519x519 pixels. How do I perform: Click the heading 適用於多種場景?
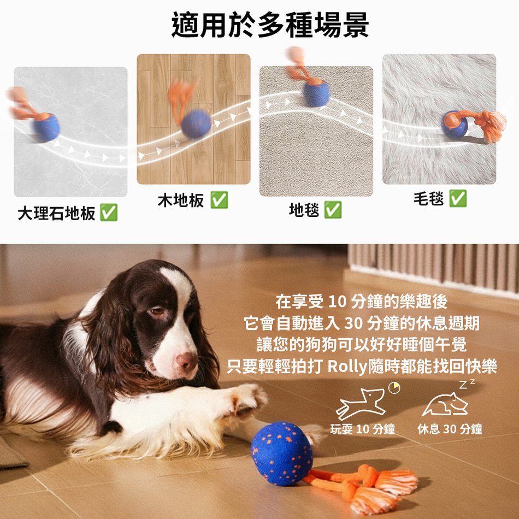pyautogui.click(x=270, y=25)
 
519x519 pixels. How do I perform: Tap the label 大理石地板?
pyautogui.click(x=56, y=213)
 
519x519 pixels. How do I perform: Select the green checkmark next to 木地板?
pyautogui.click(x=219, y=200)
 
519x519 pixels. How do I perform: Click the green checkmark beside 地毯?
pyautogui.click(x=333, y=210)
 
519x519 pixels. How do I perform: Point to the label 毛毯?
pyautogui.click(x=428, y=199)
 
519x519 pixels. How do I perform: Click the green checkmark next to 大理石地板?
pyautogui.click(x=109, y=213)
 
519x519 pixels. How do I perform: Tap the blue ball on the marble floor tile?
pyautogui.click(x=46, y=127)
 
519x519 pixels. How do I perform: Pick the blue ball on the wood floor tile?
pyautogui.click(x=196, y=124)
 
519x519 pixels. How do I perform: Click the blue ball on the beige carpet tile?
pyautogui.click(x=316, y=93)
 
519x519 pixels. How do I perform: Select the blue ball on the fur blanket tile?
pyautogui.click(x=455, y=125)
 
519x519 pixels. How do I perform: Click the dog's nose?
pyautogui.click(x=187, y=362)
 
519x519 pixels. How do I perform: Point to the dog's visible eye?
pyautogui.click(x=156, y=311)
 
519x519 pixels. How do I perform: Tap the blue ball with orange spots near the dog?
pyautogui.click(x=282, y=453)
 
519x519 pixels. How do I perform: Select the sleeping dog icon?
pyautogui.click(x=445, y=404)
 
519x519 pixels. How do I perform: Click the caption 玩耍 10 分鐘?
pyautogui.click(x=363, y=429)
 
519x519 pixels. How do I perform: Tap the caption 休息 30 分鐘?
pyautogui.click(x=450, y=429)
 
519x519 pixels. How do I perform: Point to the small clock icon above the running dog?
pyautogui.click(x=394, y=387)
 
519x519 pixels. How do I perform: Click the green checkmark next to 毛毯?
pyautogui.click(x=458, y=198)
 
